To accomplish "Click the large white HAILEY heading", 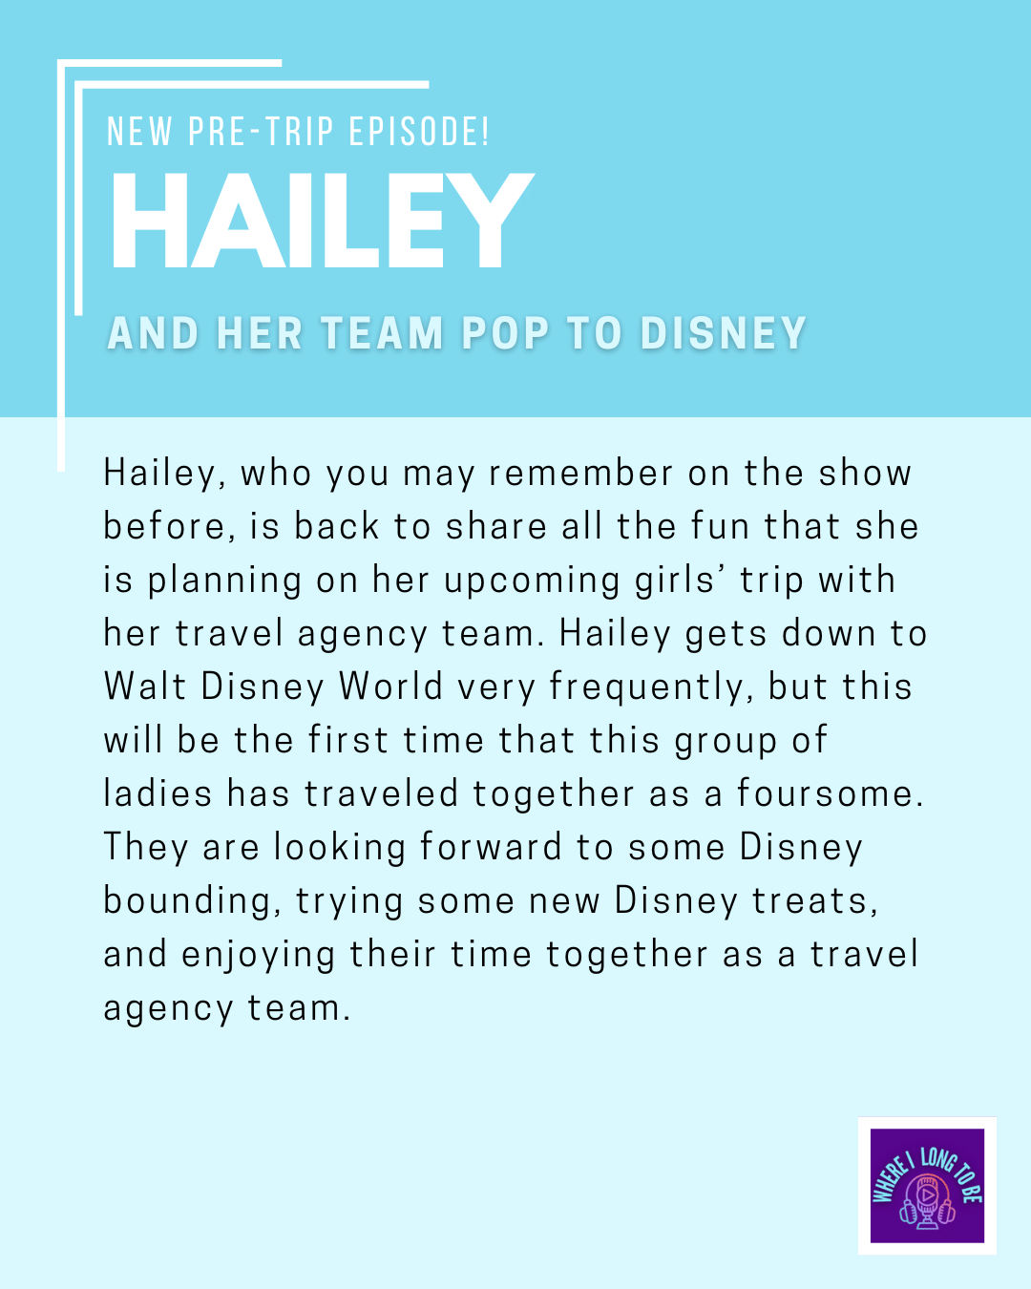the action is tap(323, 220).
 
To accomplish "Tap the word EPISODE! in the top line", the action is tap(419, 131).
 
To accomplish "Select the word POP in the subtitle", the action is tap(506, 333).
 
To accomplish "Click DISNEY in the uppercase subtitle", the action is tap(723, 333).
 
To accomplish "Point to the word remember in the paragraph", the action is tap(581, 473).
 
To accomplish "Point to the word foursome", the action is tap(831, 793).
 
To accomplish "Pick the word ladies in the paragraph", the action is tap(158, 793).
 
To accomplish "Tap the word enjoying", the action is tap(258, 956).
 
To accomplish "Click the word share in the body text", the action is tap(496, 526).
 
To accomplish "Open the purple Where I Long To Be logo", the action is tap(927, 1186).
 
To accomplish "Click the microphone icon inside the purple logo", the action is tap(927, 1200).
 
